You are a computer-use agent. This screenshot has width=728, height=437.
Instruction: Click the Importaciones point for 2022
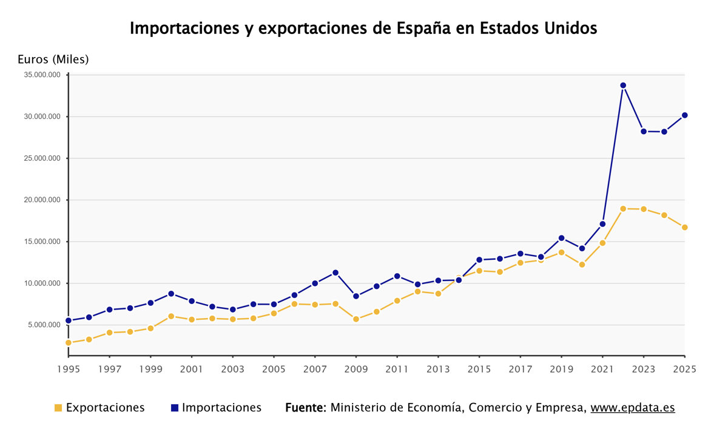pos(623,86)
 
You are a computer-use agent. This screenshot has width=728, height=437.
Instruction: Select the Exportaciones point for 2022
pos(623,209)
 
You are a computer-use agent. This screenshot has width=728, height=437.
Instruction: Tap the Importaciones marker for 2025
pos(684,115)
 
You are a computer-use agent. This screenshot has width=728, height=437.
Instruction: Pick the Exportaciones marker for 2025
pos(684,228)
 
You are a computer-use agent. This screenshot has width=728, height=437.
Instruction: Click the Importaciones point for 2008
pos(335,273)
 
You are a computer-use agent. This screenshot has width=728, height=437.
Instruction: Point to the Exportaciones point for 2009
pos(356,319)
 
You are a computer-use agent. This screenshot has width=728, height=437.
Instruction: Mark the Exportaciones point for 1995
pos(69,343)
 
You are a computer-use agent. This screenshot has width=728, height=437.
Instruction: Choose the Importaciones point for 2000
pos(171,294)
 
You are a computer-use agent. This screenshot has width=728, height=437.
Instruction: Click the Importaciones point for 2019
pos(561,238)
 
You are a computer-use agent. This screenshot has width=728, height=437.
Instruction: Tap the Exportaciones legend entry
pos(99,408)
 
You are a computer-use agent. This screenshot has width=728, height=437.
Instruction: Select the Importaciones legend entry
pos(216,408)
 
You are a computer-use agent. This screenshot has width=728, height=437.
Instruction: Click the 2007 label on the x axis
pos(315,369)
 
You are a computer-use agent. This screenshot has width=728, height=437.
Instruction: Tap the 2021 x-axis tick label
pos(602,369)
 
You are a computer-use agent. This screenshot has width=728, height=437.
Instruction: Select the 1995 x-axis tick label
pos(69,369)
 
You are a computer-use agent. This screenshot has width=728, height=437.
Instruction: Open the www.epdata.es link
pos(633,408)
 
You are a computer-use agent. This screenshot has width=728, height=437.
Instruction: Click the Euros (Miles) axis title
pos(53,59)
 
